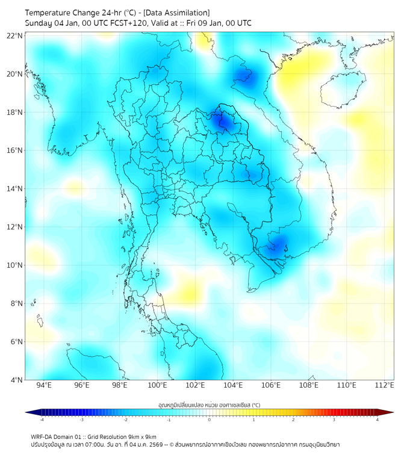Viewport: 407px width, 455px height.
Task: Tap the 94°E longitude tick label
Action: click(x=44, y=385)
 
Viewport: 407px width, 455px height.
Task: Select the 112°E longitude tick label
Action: click(x=385, y=385)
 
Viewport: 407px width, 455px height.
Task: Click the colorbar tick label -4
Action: click(x=42, y=419)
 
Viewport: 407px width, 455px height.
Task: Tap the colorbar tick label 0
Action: click(x=210, y=419)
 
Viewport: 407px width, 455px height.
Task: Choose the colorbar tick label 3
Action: click(x=335, y=419)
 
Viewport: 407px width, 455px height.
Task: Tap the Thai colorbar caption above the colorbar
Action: click(x=209, y=405)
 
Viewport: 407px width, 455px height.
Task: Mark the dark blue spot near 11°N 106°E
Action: click(x=278, y=244)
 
